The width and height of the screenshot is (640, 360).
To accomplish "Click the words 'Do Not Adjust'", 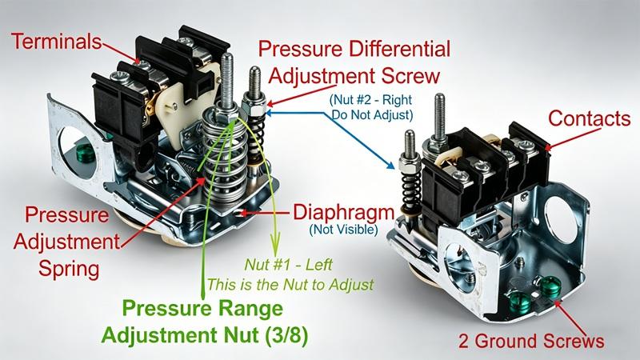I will click(x=372, y=115).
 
